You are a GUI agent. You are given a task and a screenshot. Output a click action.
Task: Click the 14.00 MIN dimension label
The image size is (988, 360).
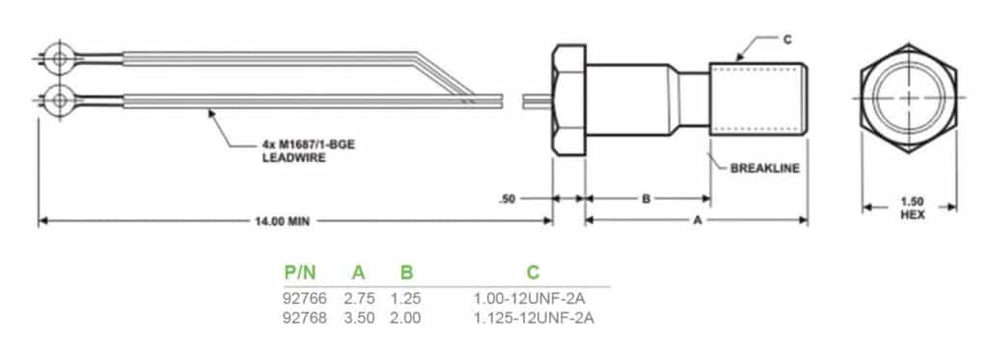click(x=282, y=221)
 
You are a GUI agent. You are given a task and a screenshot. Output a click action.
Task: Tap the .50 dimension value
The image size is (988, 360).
click(x=508, y=199)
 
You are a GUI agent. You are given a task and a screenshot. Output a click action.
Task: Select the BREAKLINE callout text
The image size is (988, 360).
click(x=765, y=168)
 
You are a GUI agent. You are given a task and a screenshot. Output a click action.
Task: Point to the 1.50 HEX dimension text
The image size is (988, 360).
click(x=912, y=208)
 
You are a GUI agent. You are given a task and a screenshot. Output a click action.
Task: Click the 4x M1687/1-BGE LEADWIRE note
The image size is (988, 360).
click(x=309, y=152)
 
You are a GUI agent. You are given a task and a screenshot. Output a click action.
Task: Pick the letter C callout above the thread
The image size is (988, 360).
click(x=787, y=40)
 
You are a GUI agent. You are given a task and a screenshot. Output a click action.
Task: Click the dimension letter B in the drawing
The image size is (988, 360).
click(x=645, y=199)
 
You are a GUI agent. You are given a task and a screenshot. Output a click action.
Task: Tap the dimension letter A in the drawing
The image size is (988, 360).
click(x=697, y=221)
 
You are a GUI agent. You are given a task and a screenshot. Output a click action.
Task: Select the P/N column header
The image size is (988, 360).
click(x=300, y=272)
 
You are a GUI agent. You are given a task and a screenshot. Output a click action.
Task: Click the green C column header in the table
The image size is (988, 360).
click(x=533, y=272)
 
